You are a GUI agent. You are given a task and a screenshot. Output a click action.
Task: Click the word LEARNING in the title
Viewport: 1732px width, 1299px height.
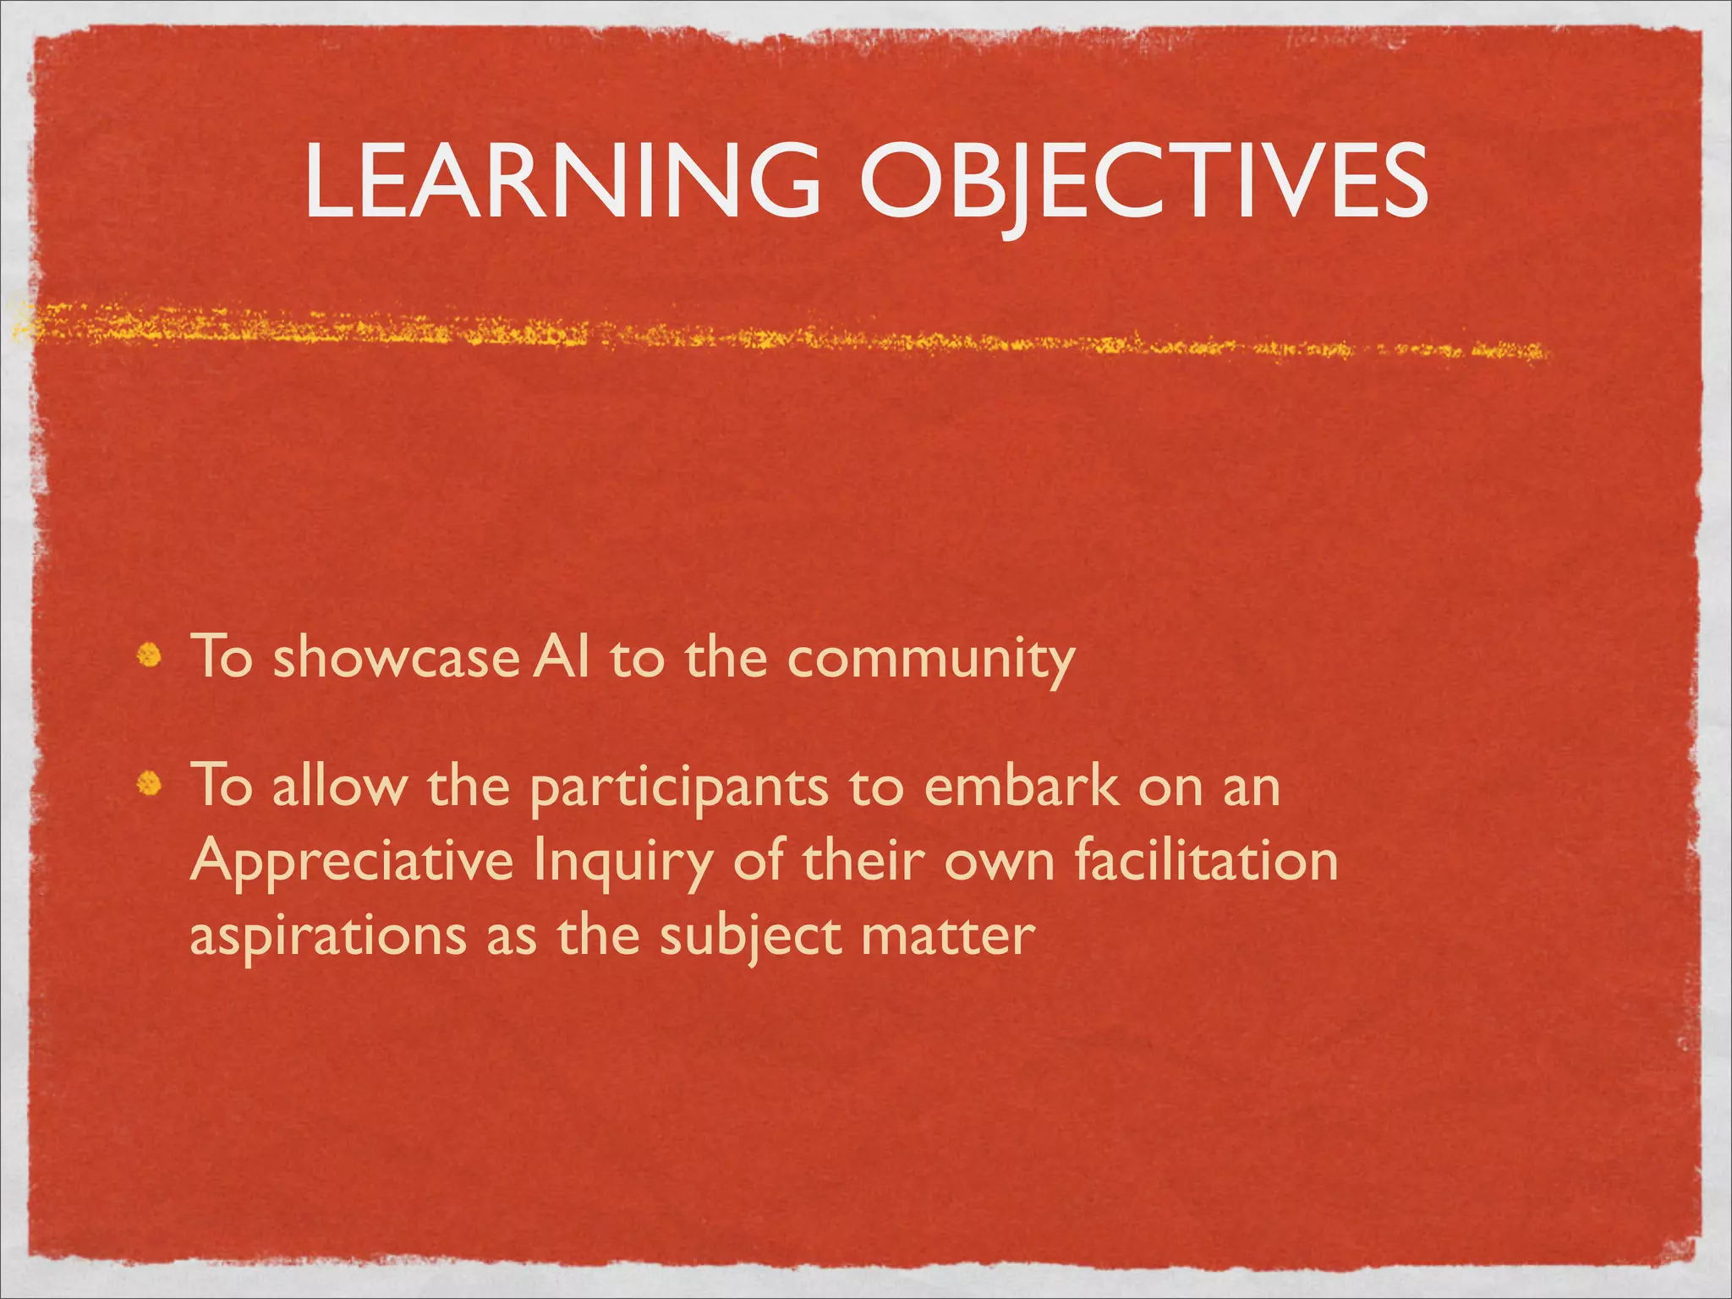(562, 179)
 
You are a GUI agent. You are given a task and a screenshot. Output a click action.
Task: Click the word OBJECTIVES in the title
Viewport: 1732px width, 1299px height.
(1143, 179)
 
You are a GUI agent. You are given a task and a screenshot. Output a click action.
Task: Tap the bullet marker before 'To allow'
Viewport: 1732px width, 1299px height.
(150, 785)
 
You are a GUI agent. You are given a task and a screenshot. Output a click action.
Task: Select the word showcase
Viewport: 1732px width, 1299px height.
(395, 657)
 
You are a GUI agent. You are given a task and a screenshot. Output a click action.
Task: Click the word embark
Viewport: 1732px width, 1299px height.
(1021, 787)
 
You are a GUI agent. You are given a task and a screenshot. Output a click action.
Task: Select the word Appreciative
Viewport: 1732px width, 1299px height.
(352, 863)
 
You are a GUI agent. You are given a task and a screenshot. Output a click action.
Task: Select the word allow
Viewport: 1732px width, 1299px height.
(338, 787)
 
